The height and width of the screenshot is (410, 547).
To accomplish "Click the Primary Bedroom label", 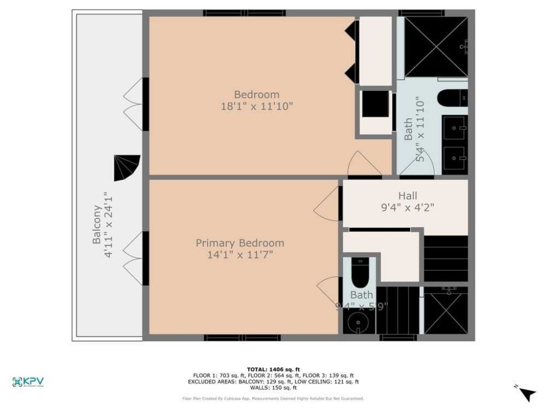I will click(240, 243).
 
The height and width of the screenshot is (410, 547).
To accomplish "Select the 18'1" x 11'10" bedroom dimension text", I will click(256, 106).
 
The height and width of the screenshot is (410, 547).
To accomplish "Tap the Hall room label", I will click(408, 196).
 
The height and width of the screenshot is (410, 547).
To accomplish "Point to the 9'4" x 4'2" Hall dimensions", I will click(408, 208).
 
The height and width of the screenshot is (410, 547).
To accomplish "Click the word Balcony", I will click(97, 225).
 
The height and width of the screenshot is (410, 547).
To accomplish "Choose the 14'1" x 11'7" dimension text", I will click(240, 255).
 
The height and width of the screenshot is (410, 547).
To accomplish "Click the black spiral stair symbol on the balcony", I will click(127, 168).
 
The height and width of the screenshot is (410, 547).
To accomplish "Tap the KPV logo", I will click(28, 382).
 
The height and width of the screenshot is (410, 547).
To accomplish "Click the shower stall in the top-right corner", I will click(435, 46).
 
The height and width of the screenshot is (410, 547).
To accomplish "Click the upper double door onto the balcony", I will click(134, 104).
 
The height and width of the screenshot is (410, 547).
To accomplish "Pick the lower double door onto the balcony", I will click(134, 258).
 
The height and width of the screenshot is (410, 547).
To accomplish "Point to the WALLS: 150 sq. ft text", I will click(273, 388).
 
